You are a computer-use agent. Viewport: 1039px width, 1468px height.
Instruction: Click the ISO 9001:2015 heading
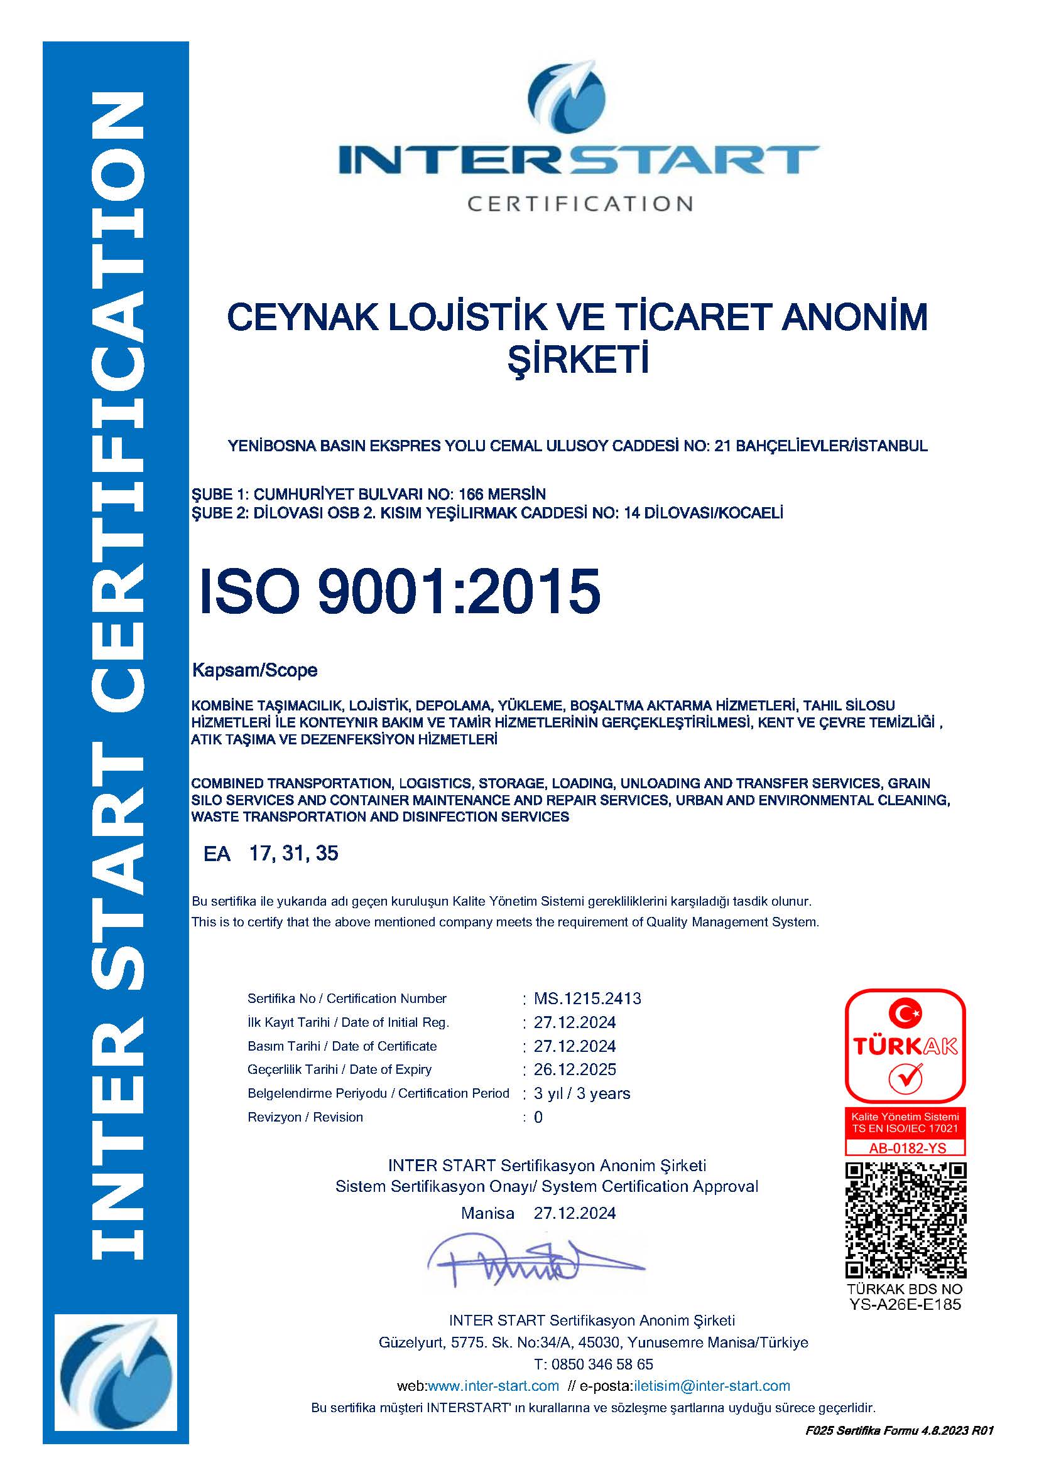(x=400, y=591)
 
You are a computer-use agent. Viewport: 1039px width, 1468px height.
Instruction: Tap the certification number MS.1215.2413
(x=587, y=999)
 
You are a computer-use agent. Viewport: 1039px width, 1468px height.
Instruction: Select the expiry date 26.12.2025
(x=575, y=1069)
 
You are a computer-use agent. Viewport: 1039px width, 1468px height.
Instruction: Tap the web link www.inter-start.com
(x=492, y=1386)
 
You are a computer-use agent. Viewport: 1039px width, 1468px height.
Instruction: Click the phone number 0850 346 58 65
(x=601, y=1364)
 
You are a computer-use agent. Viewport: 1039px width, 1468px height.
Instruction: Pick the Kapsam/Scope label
(x=254, y=670)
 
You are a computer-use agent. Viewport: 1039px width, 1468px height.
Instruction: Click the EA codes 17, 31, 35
(x=293, y=853)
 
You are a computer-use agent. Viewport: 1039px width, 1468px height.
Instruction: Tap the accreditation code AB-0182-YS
(x=906, y=1148)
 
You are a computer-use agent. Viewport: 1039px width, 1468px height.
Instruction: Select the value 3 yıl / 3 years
(x=582, y=1093)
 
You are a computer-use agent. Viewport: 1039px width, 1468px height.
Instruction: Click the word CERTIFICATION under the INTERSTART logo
(x=580, y=204)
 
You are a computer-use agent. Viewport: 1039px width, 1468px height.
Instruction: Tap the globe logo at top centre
(x=567, y=96)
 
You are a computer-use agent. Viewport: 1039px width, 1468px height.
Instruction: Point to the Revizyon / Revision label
(x=305, y=1117)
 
